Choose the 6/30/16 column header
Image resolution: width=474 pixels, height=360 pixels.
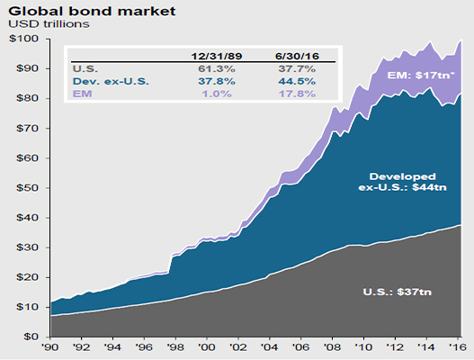(295, 54)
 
